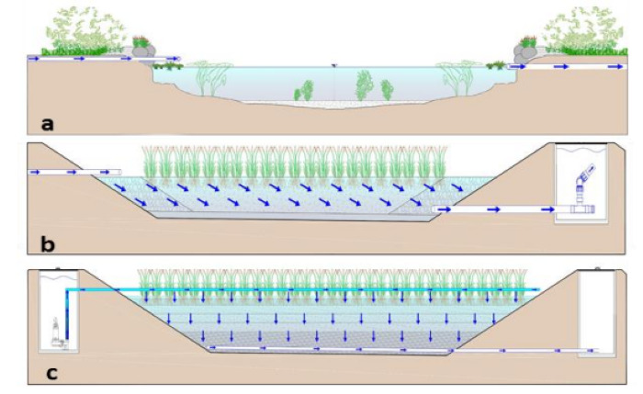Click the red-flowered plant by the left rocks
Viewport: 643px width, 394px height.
click(x=140, y=40)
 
